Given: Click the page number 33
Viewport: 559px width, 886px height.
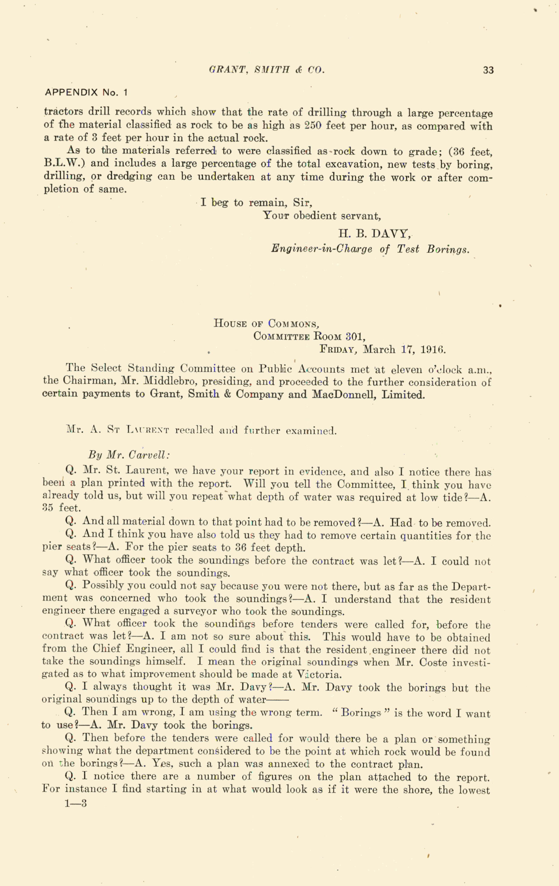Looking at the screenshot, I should point(488,70).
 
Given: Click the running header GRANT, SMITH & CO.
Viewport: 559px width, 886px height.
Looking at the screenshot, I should point(266,70).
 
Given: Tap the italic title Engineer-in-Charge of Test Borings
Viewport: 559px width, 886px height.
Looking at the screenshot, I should point(370,249).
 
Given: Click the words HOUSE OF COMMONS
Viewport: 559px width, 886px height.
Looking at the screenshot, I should point(266,324).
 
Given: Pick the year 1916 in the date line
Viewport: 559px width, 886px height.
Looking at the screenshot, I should point(433,349).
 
